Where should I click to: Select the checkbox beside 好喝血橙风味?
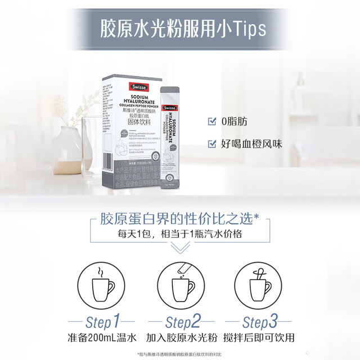(x=212, y=143)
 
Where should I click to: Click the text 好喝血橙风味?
(x=250, y=143)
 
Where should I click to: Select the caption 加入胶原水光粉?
(x=180, y=339)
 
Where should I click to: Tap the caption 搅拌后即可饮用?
(x=258, y=339)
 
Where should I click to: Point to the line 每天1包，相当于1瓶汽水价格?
(x=179, y=233)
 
